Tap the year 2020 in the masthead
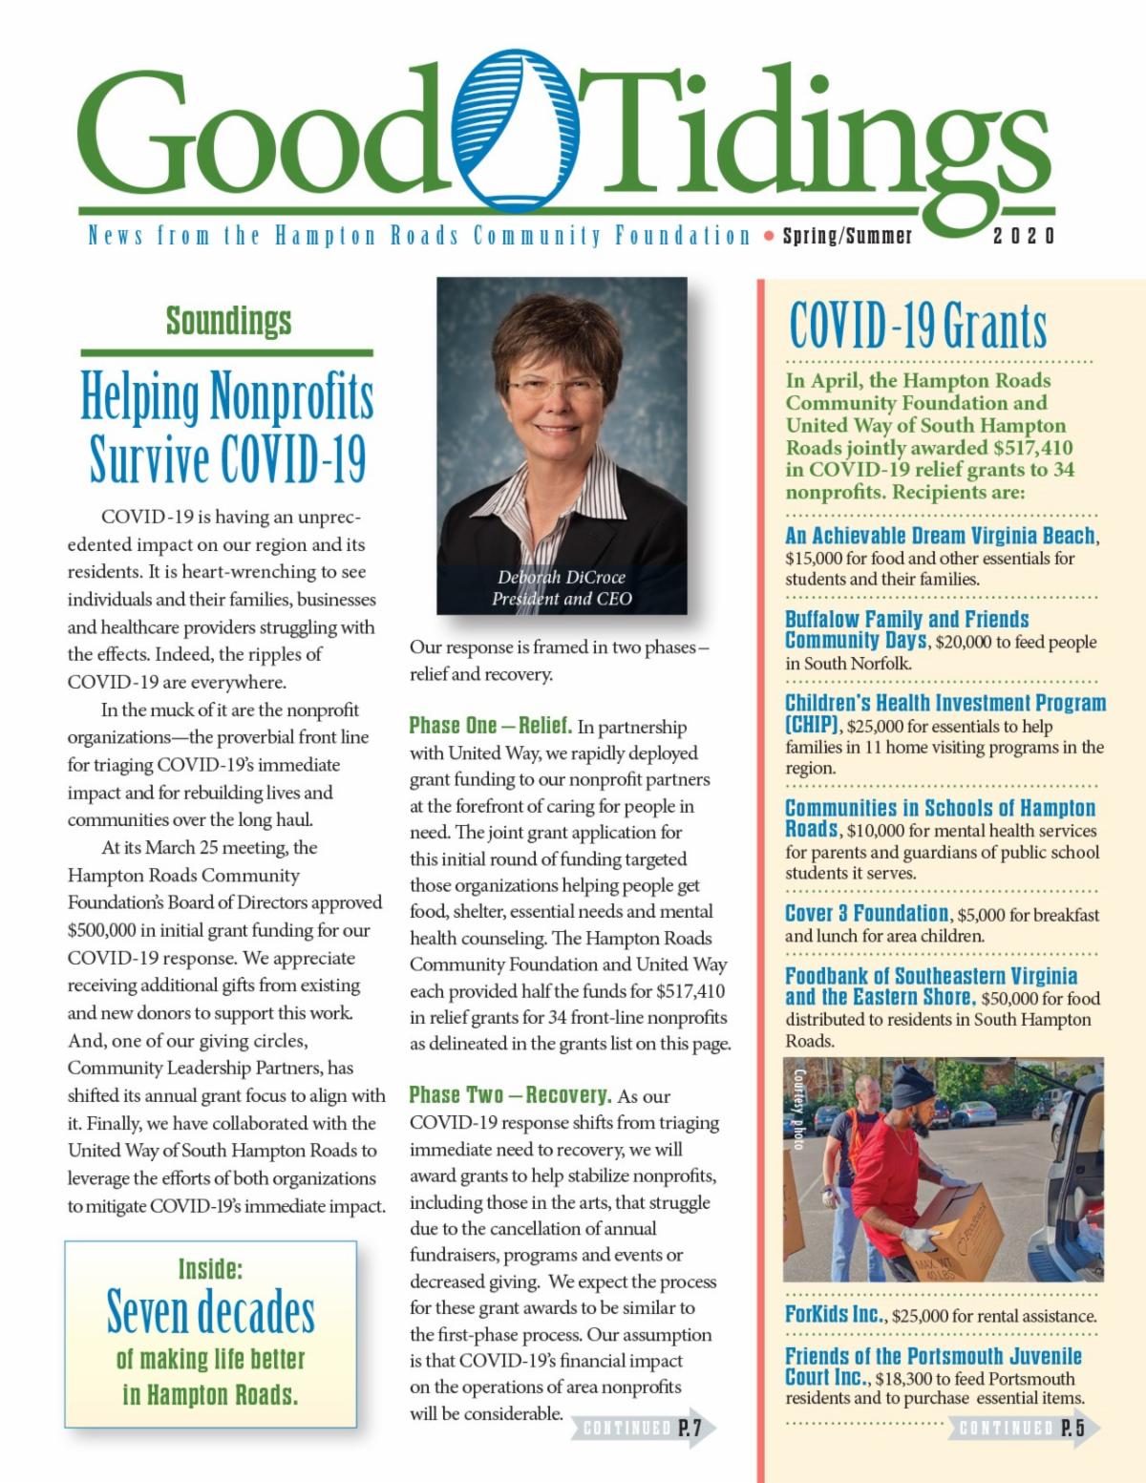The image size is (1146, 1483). (1024, 236)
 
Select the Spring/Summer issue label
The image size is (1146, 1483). (847, 236)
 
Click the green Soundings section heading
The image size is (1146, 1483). (228, 321)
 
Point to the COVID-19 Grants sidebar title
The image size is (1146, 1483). (918, 326)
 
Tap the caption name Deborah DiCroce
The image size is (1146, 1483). (562, 577)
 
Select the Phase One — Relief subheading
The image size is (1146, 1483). (491, 726)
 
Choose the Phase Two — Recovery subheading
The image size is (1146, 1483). (510, 1094)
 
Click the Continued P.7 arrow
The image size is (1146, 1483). (643, 1429)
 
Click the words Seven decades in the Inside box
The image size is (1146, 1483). (210, 1313)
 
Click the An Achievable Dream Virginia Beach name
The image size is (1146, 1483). (941, 536)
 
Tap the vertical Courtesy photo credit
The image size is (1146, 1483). (799, 1108)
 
